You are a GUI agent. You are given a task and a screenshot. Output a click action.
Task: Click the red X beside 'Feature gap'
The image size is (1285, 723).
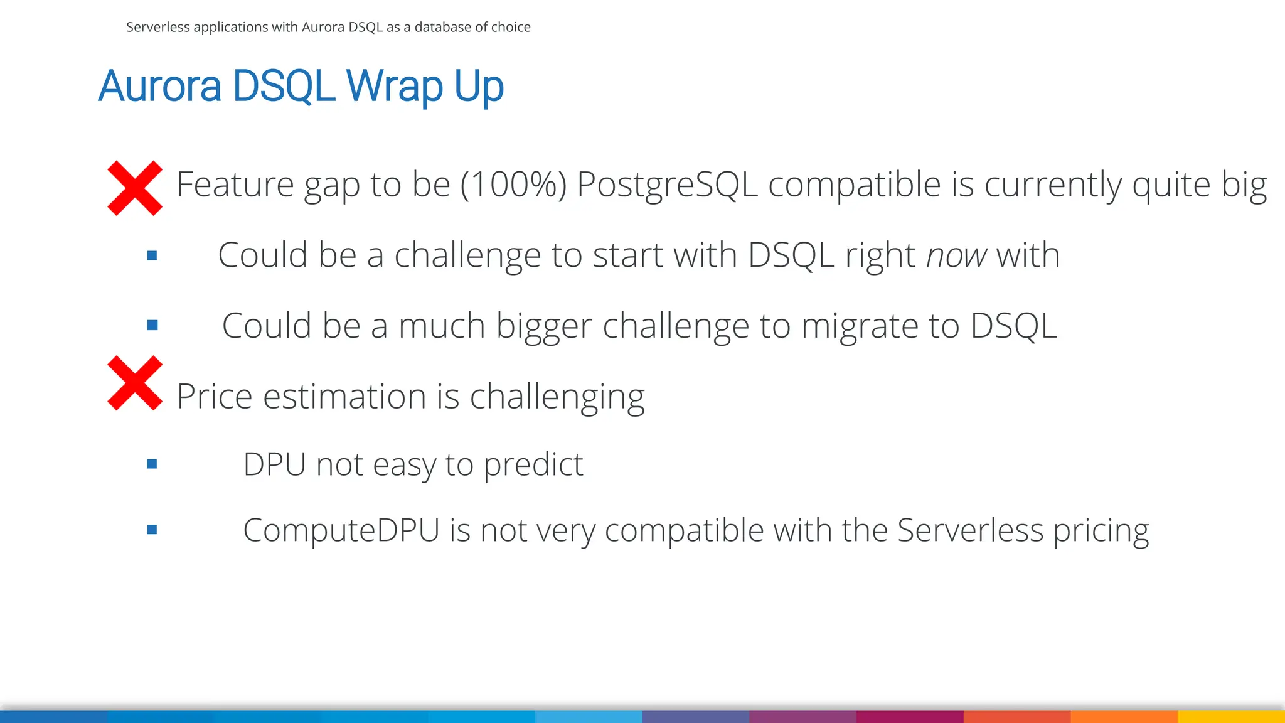point(135,188)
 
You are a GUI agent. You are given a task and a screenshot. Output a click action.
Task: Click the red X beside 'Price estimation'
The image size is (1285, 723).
point(135,383)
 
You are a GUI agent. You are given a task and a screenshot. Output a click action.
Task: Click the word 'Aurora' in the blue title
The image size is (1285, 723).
point(160,87)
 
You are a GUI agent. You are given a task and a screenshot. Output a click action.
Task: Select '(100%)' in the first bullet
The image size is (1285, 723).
point(513,185)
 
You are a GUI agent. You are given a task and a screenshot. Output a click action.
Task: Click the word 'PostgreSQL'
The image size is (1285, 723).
point(666,185)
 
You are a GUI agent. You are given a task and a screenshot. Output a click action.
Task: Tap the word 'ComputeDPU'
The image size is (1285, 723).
point(341,530)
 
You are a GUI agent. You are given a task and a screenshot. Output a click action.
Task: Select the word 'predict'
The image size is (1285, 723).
point(533,465)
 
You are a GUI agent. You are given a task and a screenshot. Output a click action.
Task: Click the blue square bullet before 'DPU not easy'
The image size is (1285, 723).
point(152,464)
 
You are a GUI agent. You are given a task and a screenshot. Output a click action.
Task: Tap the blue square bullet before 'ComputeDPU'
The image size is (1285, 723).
point(152,530)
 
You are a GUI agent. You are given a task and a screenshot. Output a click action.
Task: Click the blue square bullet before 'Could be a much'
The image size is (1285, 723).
point(152,325)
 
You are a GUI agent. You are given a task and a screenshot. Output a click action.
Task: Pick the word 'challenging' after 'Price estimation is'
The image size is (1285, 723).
point(557,397)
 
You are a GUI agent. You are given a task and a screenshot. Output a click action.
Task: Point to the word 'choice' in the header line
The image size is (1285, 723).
point(511,27)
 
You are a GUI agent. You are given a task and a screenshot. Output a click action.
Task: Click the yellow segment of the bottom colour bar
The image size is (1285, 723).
point(1231,716)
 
